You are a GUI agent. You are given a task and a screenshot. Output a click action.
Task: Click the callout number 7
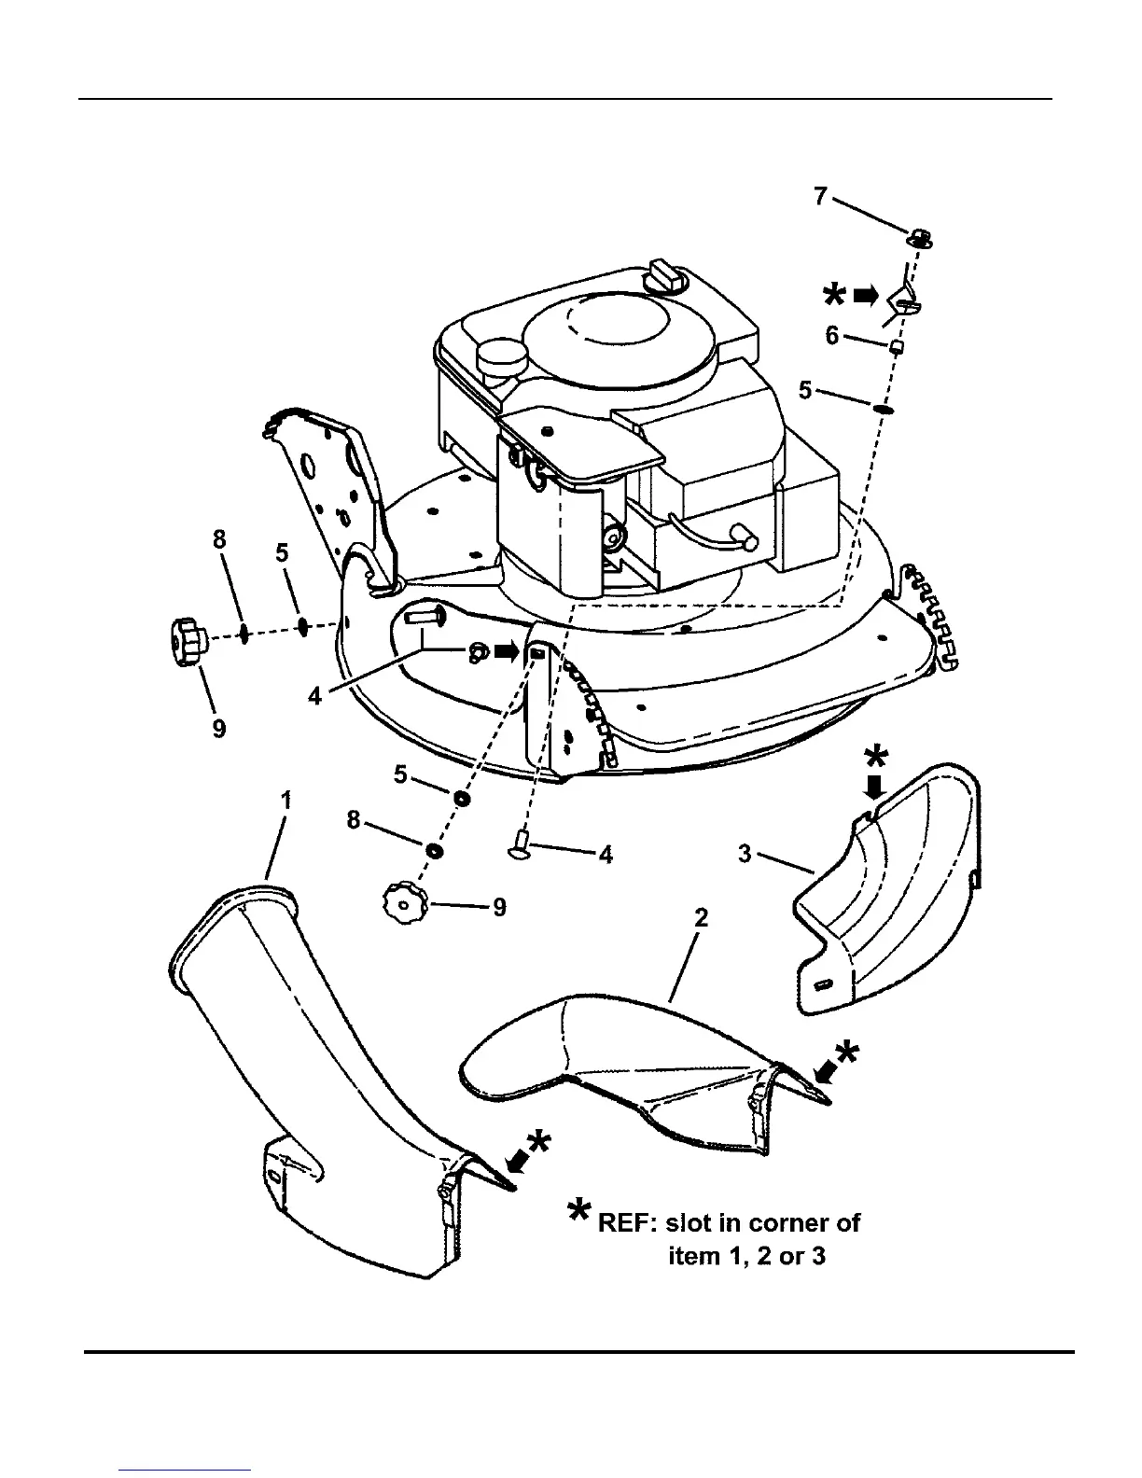click(x=821, y=197)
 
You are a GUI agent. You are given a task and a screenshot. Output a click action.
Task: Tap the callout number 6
click(x=832, y=336)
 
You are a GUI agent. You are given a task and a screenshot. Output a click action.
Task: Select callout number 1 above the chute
click(x=286, y=800)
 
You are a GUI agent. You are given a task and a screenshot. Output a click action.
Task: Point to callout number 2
click(x=701, y=918)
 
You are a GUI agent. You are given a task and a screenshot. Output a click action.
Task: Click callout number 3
click(x=745, y=854)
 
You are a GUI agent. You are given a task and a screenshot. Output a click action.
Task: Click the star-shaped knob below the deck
click(x=404, y=905)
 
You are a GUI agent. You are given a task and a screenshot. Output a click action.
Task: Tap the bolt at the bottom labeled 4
click(x=521, y=847)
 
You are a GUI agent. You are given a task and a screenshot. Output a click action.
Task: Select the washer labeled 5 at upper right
click(x=883, y=408)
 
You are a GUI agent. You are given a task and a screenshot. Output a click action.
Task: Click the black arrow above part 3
click(x=873, y=788)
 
